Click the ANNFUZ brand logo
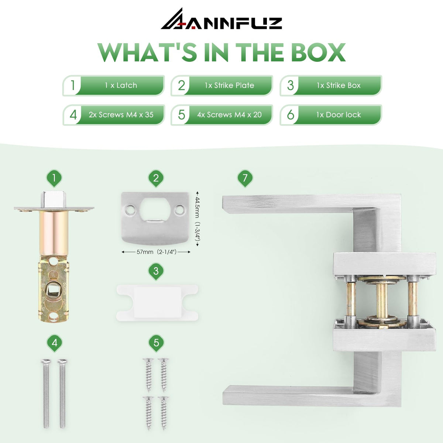click(x=221, y=19)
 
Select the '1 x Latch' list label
click(x=121, y=85)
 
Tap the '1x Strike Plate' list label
click(x=229, y=85)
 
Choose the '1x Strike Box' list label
click(x=339, y=85)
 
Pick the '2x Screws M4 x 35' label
click(x=121, y=115)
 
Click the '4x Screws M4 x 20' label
click(x=229, y=115)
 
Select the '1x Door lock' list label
click(x=339, y=115)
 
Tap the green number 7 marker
click(x=245, y=178)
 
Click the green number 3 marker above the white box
click(x=156, y=271)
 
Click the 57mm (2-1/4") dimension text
click(x=156, y=252)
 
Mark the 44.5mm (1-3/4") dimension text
click(x=198, y=219)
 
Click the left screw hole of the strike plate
click(x=130, y=209)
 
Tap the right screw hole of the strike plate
click(x=179, y=209)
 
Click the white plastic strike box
click(x=157, y=303)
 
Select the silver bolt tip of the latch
click(x=54, y=199)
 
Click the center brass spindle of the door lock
click(x=382, y=300)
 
